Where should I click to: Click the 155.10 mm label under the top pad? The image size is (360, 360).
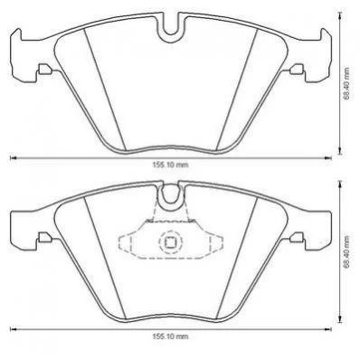click(x=171, y=165)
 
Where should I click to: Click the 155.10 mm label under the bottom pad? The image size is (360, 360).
click(x=171, y=336)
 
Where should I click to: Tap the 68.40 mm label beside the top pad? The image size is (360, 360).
click(x=347, y=84)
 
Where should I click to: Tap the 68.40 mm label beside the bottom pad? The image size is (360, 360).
click(x=347, y=251)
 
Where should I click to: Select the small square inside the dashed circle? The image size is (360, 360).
click(x=171, y=242)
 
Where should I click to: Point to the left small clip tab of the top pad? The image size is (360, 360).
click(x=44, y=70)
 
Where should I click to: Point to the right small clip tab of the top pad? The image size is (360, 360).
click(x=298, y=70)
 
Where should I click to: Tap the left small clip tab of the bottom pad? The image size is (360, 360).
click(x=44, y=237)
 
